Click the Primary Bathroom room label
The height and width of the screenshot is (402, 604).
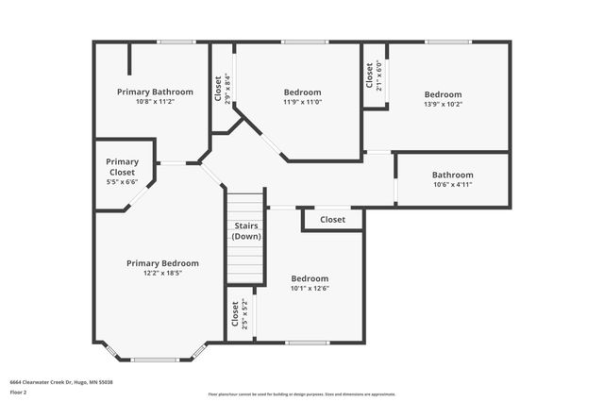point(155,92)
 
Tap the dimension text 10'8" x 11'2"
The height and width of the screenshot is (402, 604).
point(155,102)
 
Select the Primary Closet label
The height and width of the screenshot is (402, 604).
point(122,167)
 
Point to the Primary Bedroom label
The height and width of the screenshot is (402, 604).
point(162,263)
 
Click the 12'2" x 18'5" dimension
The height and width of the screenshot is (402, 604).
point(162,274)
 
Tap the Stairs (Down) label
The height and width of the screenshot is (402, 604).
point(246,231)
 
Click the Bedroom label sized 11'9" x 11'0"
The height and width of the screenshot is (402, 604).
point(303,92)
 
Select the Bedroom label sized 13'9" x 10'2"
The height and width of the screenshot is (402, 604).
point(443,94)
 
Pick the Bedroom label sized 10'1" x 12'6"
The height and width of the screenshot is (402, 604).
point(310,278)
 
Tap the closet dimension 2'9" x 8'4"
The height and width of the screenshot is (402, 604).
point(227,88)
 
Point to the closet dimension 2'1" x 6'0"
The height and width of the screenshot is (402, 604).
point(379,75)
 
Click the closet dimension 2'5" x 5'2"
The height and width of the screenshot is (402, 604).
point(244,313)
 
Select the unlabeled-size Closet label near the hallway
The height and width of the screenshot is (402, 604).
point(332,220)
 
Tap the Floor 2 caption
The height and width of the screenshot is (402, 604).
point(18,392)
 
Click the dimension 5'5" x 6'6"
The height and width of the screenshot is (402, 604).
point(122,182)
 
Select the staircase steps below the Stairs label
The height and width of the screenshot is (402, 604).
point(246,264)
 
